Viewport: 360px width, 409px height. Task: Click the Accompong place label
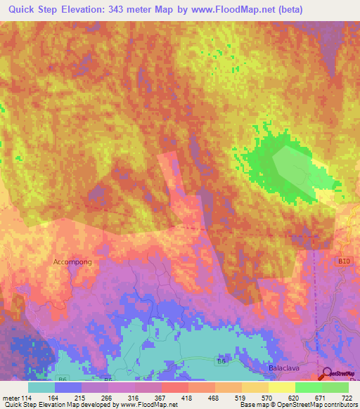pos(72,261)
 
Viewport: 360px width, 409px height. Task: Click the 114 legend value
pos(28,397)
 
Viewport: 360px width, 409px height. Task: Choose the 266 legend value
pos(108,397)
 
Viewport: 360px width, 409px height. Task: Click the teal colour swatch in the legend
pos(41,387)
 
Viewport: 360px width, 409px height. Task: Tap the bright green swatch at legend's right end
pos(335,387)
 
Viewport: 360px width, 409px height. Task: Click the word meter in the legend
pos(11,397)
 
